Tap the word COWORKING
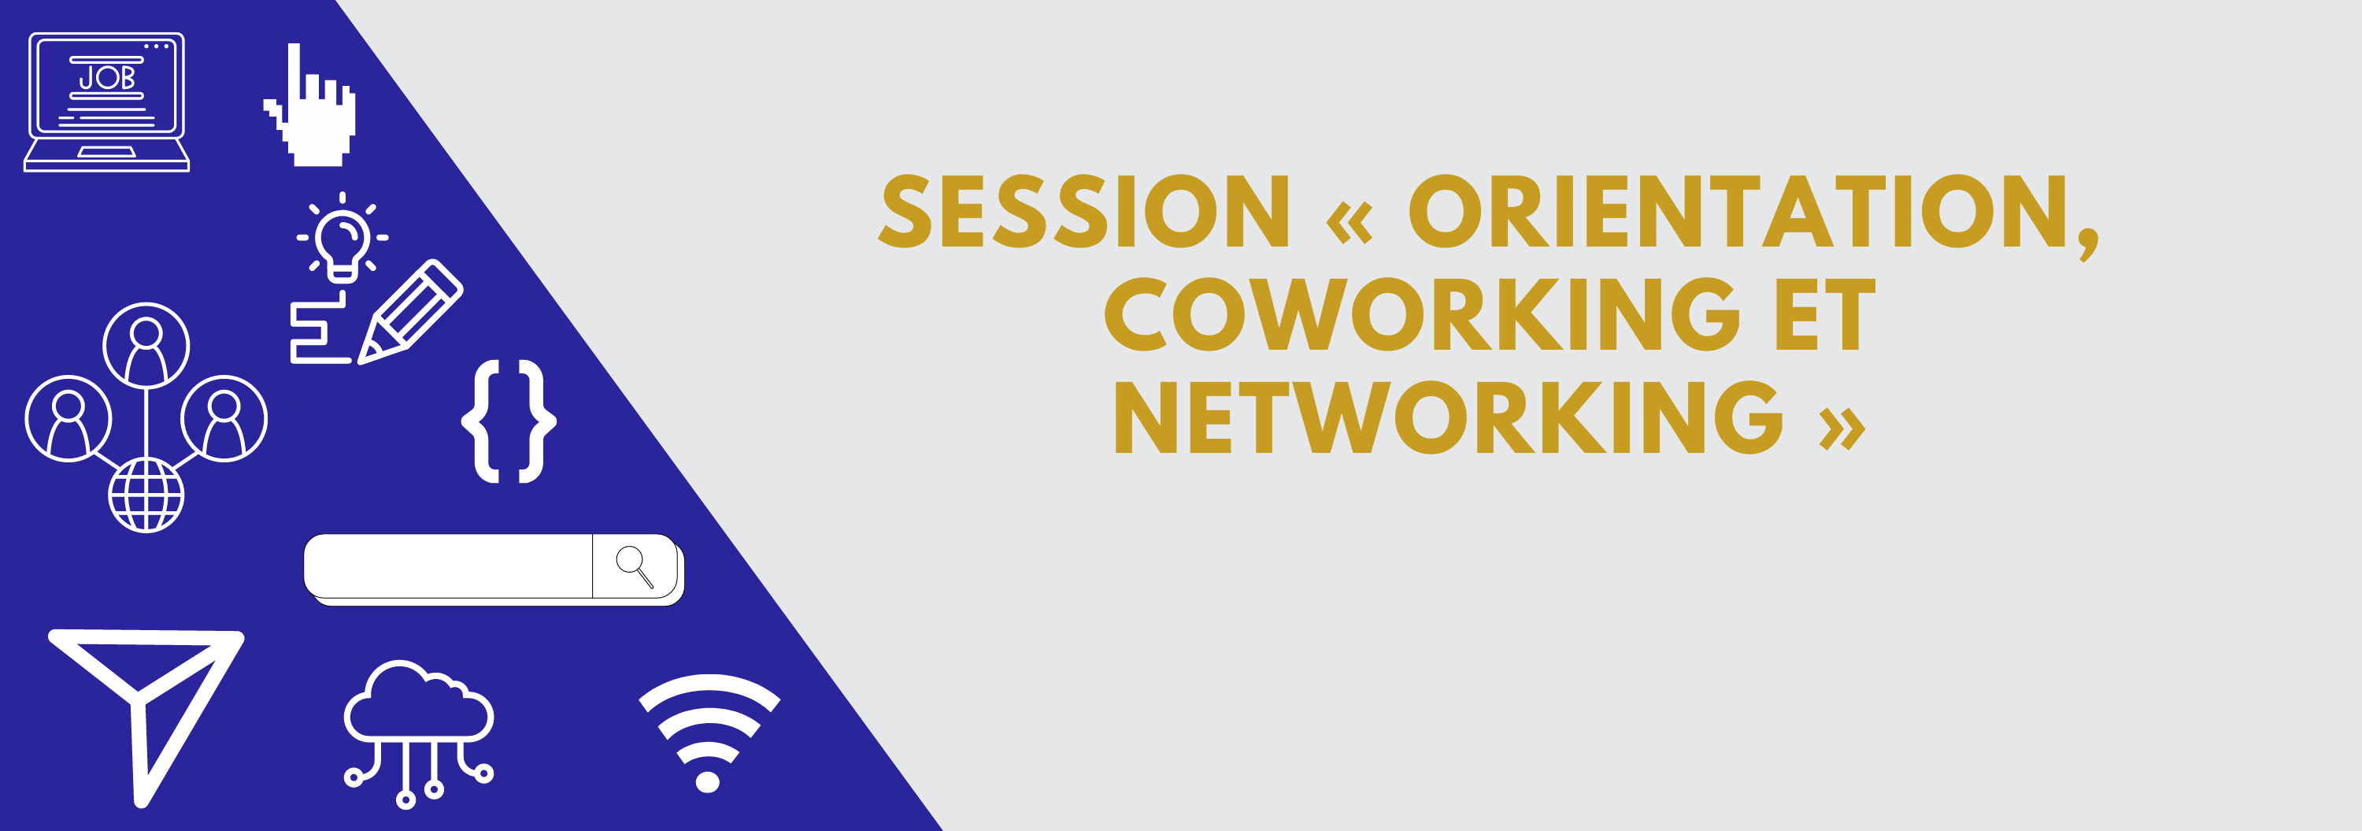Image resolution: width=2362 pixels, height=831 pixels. (x=1421, y=314)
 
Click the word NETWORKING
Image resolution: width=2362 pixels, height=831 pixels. (x=1449, y=417)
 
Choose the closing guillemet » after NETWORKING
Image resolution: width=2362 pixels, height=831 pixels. (x=1842, y=428)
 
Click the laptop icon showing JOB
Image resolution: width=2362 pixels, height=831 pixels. (x=106, y=102)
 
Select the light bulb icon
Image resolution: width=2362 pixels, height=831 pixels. (x=342, y=236)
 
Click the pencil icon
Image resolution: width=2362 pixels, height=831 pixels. (x=410, y=312)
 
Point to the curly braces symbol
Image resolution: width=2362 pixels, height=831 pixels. (x=509, y=421)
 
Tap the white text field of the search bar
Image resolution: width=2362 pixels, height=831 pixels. (x=448, y=566)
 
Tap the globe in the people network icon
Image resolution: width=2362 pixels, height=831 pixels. (x=146, y=495)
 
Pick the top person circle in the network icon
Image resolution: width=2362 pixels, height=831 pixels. (x=146, y=346)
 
